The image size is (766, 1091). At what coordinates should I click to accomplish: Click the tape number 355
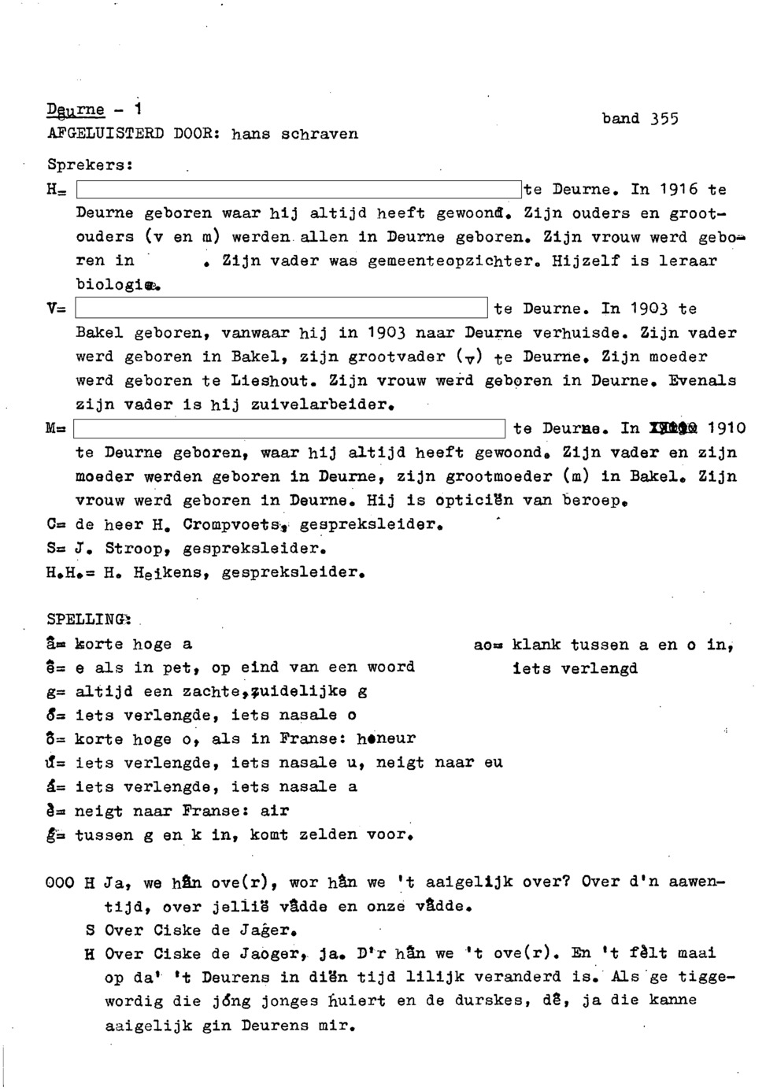tap(664, 120)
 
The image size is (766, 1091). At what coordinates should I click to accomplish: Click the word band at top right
tap(620, 119)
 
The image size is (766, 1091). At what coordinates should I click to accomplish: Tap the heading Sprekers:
tap(90, 166)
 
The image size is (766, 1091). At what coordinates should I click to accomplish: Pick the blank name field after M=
tap(289, 429)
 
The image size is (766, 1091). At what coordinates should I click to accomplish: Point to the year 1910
tap(725, 429)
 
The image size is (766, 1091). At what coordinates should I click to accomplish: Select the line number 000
tap(59, 883)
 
